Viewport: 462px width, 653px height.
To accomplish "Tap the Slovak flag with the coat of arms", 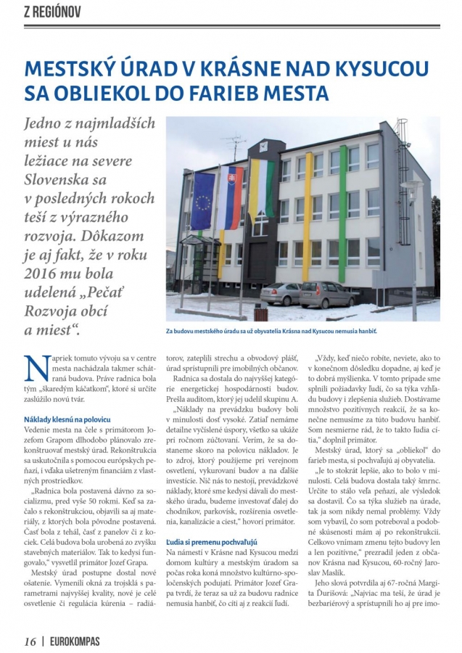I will pos(228,190).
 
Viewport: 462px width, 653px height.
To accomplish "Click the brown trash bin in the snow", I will pos(260,314).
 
